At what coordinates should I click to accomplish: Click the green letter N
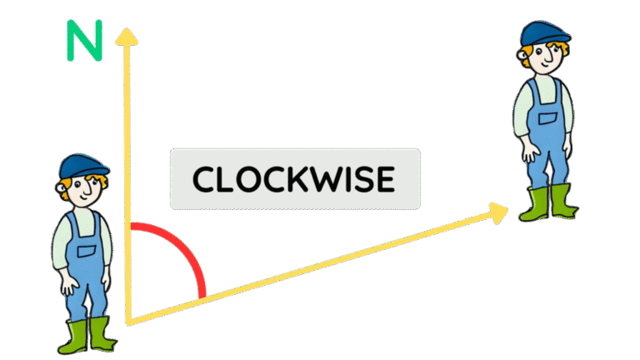pyautogui.click(x=84, y=40)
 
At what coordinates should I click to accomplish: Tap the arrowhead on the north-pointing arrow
pyautogui.click(x=127, y=37)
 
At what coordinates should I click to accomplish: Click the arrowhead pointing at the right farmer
pyautogui.click(x=498, y=212)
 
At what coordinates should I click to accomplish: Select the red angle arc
pyautogui.click(x=183, y=245)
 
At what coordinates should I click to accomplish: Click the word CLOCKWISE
pyautogui.click(x=294, y=179)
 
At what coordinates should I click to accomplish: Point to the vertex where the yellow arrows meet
pyautogui.click(x=128, y=323)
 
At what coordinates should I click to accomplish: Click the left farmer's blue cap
pyautogui.click(x=83, y=166)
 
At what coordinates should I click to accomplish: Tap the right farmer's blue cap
pyautogui.click(x=544, y=33)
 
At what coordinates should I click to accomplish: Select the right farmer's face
pyautogui.click(x=546, y=57)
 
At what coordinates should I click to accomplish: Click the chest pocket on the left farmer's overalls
pyautogui.click(x=86, y=251)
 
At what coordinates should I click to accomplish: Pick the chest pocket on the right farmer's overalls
pyautogui.click(x=547, y=118)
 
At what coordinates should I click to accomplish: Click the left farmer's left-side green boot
pyautogui.click(x=74, y=337)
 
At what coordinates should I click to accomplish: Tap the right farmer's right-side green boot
pyautogui.click(x=563, y=201)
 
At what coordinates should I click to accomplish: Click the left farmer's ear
pyautogui.click(x=61, y=188)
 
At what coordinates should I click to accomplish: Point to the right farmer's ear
pyautogui.click(x=522, y=55)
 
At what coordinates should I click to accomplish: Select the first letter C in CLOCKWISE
pyautogui.click(x=205, y=179)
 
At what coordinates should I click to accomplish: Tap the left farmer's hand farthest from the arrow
pyautogui.click(x=69, y=284)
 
